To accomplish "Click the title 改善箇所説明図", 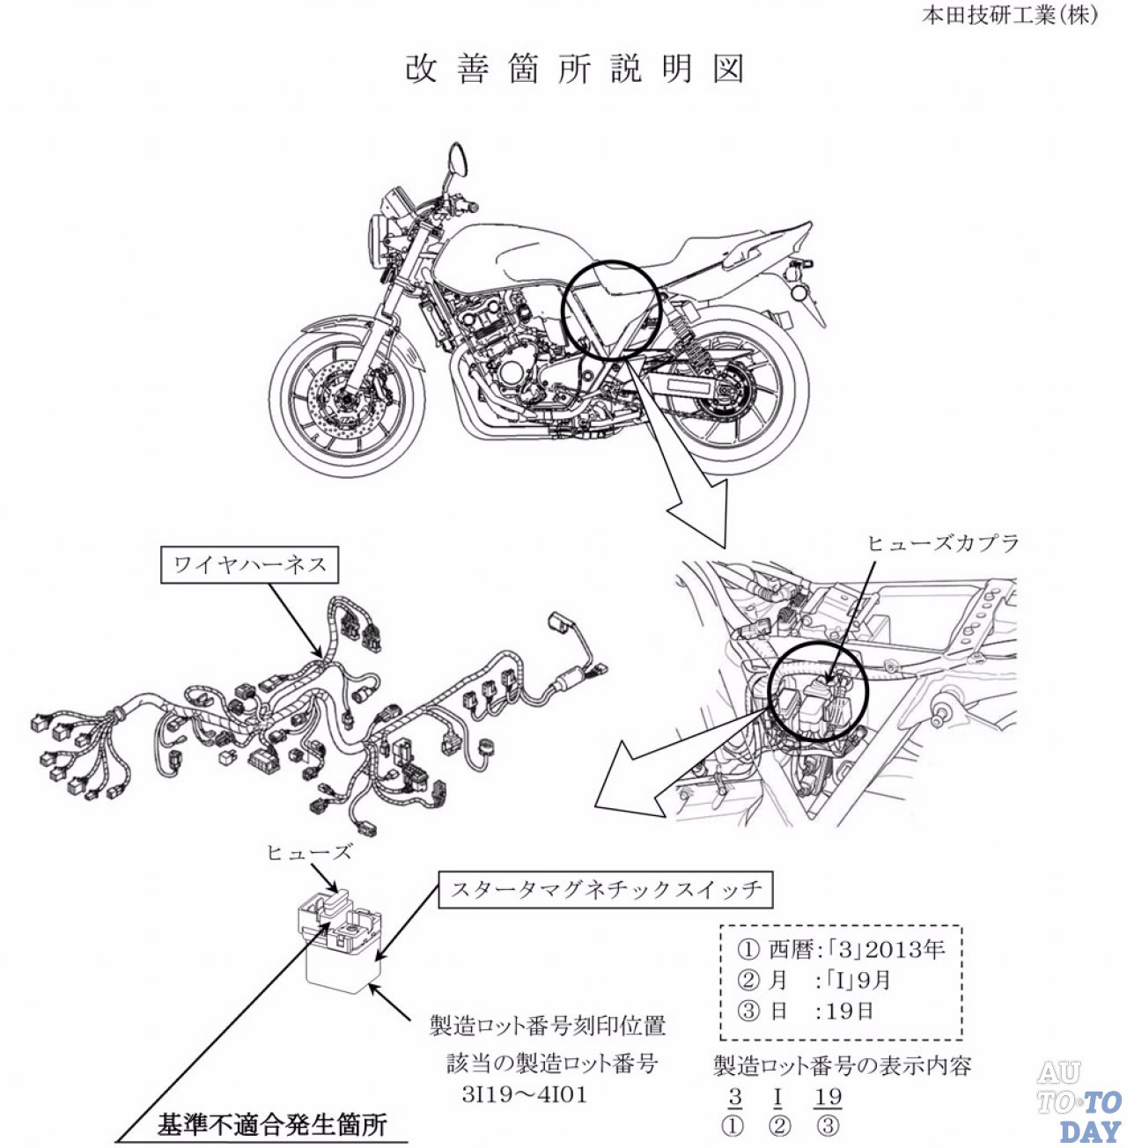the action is point(575,70).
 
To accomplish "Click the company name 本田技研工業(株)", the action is point(1010,16).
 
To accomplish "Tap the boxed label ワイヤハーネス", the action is point(250,565).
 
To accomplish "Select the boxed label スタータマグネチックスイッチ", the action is point(606,890).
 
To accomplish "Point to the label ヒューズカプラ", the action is point(943,543).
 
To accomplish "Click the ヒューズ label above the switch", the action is point(309,852).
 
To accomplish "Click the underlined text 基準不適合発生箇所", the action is point(272,1125).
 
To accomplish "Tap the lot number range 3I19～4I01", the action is point(525,1094).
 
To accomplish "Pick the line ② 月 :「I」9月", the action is point(814,981).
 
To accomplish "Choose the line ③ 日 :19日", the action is point(806,1011).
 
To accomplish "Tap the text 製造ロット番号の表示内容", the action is point(843,1066).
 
